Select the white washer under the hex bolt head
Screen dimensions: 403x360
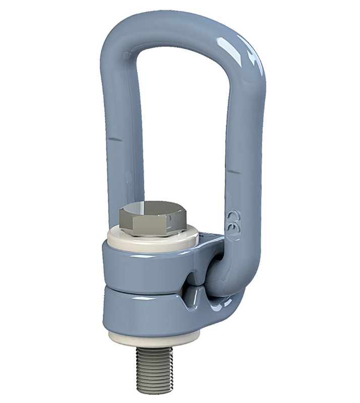151,238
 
